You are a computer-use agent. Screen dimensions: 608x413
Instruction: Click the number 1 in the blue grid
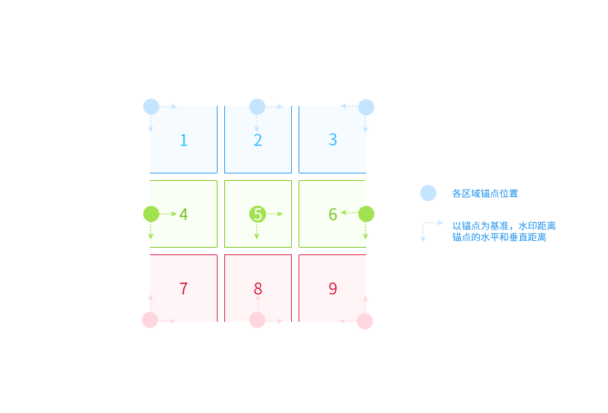184,140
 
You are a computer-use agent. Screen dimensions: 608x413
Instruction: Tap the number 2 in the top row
258,140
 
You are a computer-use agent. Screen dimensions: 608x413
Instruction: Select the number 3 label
332,140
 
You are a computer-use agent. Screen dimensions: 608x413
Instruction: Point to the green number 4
184,214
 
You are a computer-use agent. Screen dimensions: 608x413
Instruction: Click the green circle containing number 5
257,214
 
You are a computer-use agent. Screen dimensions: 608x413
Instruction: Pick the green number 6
332,214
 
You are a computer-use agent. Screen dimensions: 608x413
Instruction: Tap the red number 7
184,289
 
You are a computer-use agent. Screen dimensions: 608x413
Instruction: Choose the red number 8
258,289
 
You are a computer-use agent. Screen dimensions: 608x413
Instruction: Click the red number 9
332,289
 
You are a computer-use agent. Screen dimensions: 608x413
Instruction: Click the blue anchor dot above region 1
151,107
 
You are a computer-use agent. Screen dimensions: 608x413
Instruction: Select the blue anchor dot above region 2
257,107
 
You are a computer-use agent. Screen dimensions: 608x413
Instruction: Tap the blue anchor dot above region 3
366,107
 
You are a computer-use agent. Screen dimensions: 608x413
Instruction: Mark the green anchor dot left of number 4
151,214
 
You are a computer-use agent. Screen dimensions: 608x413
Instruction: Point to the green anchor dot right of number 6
366,214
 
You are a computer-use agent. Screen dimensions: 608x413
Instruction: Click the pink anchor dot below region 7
150,320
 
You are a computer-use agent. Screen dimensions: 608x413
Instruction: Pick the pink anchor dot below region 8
257,320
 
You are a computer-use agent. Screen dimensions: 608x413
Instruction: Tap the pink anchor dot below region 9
365,321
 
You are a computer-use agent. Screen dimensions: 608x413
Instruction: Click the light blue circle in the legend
428,193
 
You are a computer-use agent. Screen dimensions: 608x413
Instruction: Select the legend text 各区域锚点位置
485,193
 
